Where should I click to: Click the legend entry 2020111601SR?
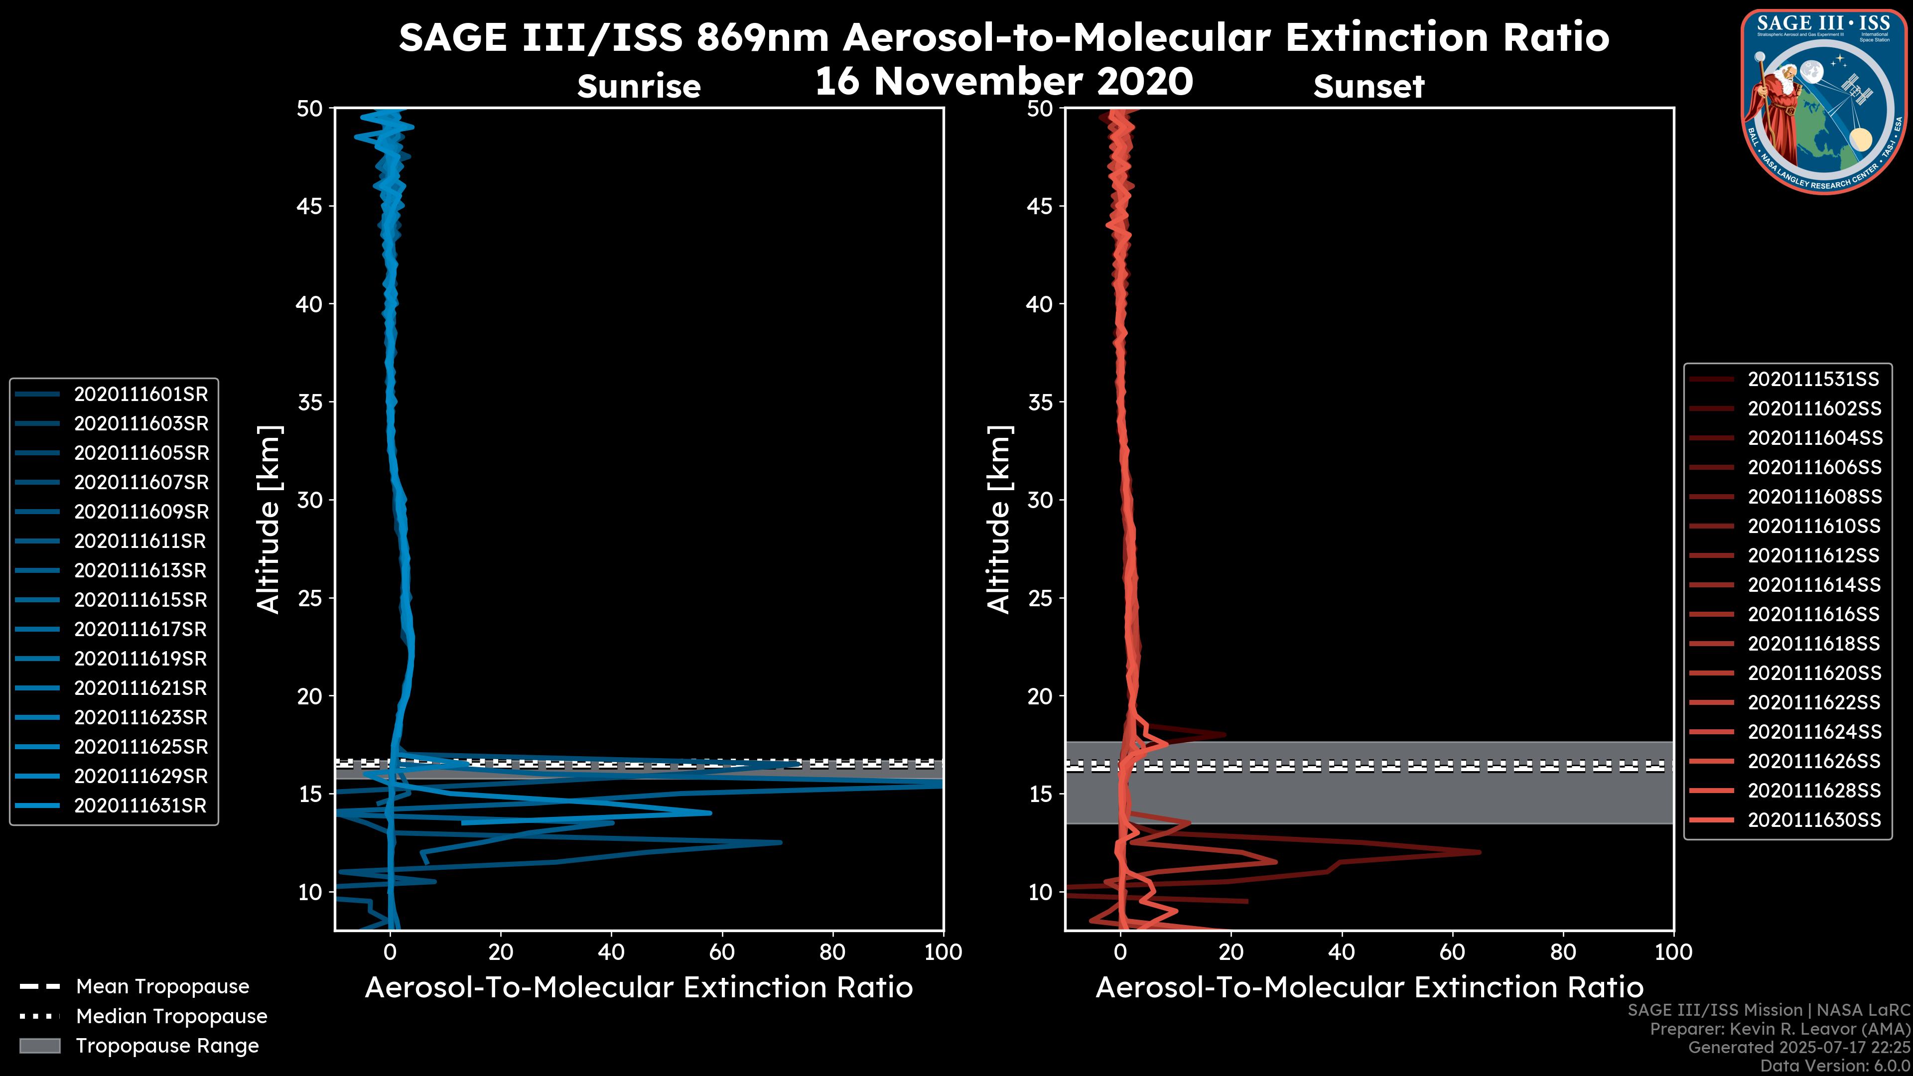(x=141, y=395)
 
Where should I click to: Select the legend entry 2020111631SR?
(x=140, y=806)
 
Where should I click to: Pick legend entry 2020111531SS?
(x=1813, y=380)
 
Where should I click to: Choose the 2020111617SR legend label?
(x=140, y=630)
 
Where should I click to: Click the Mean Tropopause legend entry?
(x=162, y=987)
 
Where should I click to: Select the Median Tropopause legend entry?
(x=171, y=1017)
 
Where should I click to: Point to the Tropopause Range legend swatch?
(x=40, y=1046)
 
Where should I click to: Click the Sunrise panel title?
(x=639, y=87)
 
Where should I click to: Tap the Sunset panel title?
(x=1368, y=87)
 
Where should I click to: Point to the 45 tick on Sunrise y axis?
(x=310, y=206)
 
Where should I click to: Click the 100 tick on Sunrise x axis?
(x=943, y=952)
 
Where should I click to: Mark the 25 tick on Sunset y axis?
(x=1040, y=598)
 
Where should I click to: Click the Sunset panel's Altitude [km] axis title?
(x=999, y=519)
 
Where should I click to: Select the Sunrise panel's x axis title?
(x=639, y=988)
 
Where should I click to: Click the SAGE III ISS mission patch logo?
(x=1824, y=100)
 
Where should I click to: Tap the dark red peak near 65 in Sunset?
(x=1478, y=852)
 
